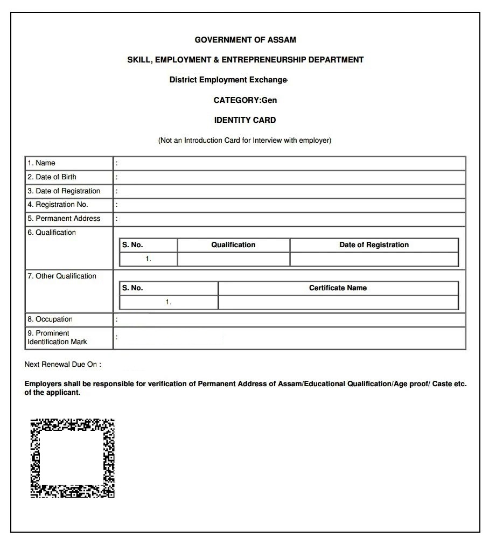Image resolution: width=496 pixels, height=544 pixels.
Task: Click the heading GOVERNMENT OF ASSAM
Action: point(245,40)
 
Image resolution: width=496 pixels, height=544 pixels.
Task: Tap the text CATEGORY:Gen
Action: point(245,100)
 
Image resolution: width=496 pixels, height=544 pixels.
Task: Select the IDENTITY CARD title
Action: point(245,120)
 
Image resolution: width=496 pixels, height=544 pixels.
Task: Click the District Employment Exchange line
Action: point(228,80)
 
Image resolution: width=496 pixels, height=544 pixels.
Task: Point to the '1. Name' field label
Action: point(41,163)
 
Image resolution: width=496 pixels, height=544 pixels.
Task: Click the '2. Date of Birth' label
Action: point(52,177)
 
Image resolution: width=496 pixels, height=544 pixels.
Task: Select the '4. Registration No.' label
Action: point(58,205)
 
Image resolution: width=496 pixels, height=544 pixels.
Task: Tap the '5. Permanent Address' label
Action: point(64,219)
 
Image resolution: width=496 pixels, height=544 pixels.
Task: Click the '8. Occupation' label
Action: point(50,319)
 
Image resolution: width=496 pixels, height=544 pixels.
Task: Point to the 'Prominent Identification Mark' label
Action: point(57,338)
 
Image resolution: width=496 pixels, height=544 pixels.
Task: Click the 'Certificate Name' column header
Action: point(338,288)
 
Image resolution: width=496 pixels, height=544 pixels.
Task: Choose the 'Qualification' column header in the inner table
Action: point(233,245)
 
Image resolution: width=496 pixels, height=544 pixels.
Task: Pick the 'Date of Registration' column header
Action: point(374,245)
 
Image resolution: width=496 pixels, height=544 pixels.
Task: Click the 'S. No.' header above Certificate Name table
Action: point(132,288)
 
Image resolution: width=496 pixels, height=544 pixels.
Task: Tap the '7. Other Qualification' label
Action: point(62,276)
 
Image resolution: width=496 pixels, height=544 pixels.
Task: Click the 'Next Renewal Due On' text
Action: point(62,365)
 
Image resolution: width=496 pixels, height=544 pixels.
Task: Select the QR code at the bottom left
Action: point(72,458)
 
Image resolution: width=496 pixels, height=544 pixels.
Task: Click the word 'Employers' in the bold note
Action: point(43,384)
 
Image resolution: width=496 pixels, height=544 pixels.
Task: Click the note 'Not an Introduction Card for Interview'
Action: point(244,141)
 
